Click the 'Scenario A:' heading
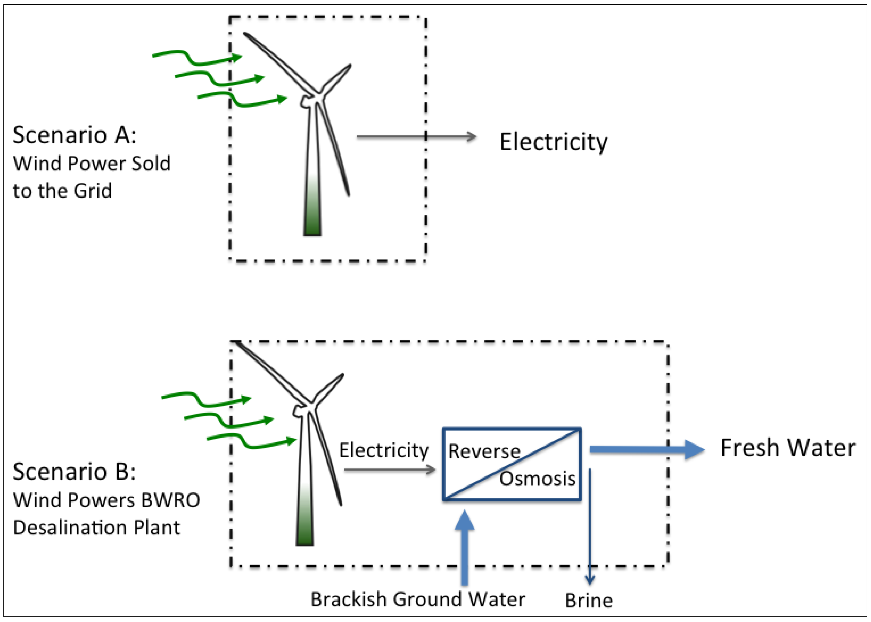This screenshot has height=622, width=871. pyautogui.click(x=74, y=135)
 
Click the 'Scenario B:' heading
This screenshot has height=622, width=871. pyautogui.click(x=74, y=471)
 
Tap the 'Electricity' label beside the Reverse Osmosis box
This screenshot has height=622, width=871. pyautogui.click(x=383, y=450)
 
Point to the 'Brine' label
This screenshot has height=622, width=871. pyautogui.click(x=588, y=600)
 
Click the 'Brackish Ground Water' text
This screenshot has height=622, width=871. pyautogui.click(x=417, y=599)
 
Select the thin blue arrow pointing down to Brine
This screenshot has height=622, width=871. pyautogui.click(x=590, y=529)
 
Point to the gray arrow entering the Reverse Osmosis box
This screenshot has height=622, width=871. pyautogui.click(x=389, y=470)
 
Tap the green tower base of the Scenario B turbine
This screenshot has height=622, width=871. pyautogui.click(x=304, y=529)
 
